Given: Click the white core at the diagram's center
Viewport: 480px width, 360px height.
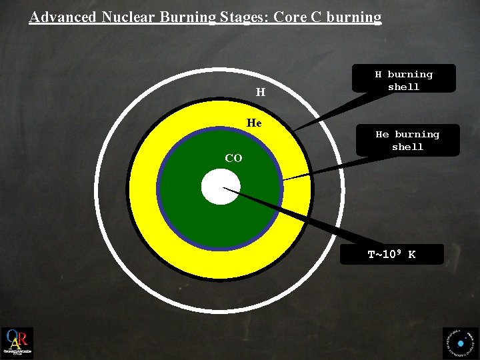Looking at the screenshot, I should (x=221, y=187).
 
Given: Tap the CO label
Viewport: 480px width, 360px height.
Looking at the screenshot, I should (x=233, y=158).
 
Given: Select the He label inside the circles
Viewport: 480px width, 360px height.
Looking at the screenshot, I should (x=254, y=123).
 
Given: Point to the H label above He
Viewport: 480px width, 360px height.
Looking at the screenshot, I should (x=261, y=92).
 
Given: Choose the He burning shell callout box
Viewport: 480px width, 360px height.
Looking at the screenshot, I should (x=407, y=141).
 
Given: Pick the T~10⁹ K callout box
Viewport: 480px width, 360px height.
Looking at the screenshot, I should (x=392, y=255).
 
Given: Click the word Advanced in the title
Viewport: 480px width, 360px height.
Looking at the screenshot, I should (x=63, y=17).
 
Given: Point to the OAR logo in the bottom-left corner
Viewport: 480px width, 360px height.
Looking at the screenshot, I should (x=17, y=343).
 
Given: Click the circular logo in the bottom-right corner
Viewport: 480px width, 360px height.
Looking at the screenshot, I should (x=461, y=343).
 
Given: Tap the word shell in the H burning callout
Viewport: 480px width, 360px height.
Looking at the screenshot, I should (x=403, y=87).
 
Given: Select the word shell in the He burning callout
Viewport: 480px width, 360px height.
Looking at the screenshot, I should (x=407, y=147).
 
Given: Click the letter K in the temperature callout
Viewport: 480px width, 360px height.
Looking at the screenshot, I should (x=412, y=255).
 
